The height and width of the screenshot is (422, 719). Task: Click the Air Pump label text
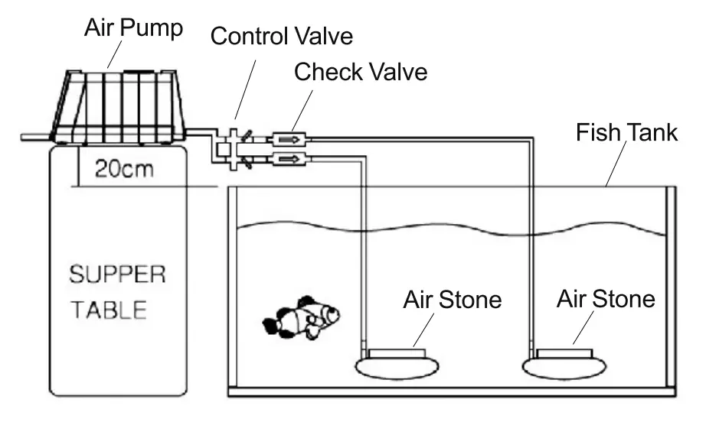[x=133, y=28]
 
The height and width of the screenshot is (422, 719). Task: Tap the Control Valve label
[x=283, y=36]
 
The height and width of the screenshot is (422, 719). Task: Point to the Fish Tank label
[x=626, y=132]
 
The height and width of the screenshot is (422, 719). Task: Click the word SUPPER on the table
[x=116, y=274]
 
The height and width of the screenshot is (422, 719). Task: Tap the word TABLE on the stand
[x=116, y=310]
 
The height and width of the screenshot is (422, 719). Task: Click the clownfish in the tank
[x=302, y=317]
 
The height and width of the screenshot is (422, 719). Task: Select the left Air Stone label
[x=452, y=299]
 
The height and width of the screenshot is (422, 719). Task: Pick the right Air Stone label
[x=606, y=299]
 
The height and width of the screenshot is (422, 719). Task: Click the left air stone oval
[x=395, y=366]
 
